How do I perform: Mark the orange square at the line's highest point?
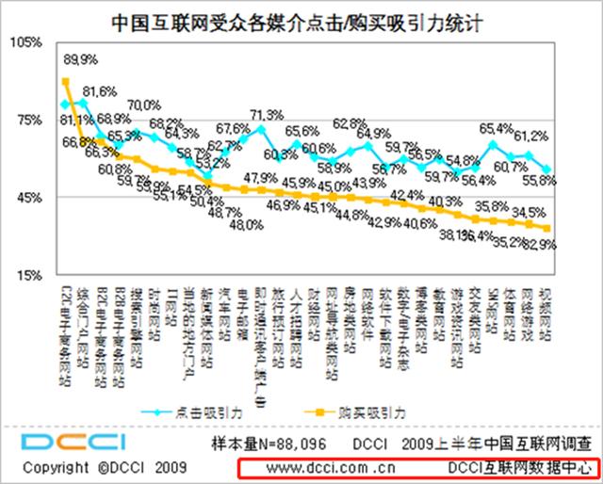[x=65, y=81]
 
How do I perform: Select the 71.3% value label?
[x=267, y=114]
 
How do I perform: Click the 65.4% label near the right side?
[x=496, y=128]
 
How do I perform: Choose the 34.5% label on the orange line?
[x=530, y=213]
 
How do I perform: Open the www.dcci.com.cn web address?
[x=320, y=466]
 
